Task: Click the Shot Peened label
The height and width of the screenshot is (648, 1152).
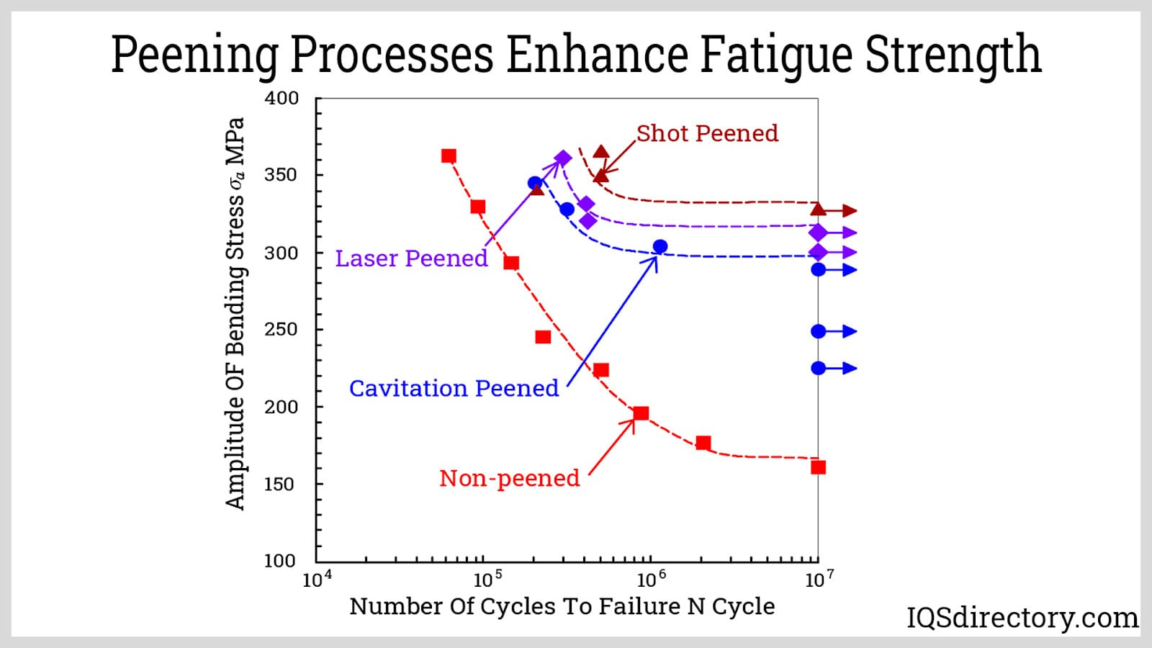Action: click(x=707, y=133)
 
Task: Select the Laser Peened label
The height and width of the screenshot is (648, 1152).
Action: click(x=411, y=258)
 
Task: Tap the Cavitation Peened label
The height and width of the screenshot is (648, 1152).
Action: click(x=454, y=389)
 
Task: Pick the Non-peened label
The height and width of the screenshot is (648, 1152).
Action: click(x=509, y=478)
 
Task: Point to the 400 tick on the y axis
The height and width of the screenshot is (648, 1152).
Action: click(x=282, y=99)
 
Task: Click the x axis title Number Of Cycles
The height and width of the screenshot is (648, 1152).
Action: click(x=562, y=606)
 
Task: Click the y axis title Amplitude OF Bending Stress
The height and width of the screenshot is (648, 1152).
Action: click(x=235, y=313)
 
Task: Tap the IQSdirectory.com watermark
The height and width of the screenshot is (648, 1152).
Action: click(x=1022, y=618)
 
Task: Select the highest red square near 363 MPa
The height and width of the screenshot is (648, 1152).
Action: click(x=449, y=156)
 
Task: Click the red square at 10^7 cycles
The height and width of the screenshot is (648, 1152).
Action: click(x=818, y=467)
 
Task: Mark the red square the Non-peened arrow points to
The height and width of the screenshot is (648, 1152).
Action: click(x=641, y=413)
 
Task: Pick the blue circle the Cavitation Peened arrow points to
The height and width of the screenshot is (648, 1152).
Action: click(x=660, y=247)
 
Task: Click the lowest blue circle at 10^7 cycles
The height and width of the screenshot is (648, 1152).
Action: click(x=818, y=368)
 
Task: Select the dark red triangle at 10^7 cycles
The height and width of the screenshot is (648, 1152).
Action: click(x=818, y=210)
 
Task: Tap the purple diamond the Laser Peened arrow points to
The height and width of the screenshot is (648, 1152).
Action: click(x=563, y=158)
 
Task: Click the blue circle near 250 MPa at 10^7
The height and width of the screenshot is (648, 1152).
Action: click(x=818, y=331)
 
